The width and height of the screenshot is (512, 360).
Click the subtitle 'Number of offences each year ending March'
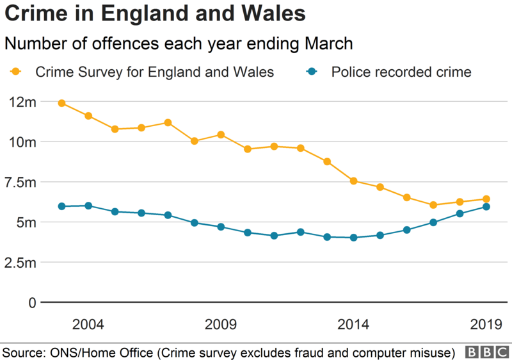(179, 44)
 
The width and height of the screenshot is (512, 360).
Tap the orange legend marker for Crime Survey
(16, 72)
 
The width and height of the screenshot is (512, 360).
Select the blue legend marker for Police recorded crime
(312, 72)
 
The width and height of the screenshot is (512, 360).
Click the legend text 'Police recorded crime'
(401, 72)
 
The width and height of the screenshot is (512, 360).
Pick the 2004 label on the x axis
(88, 325)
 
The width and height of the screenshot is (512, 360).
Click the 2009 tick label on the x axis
(221, 325)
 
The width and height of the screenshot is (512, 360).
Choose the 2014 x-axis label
(353, 325)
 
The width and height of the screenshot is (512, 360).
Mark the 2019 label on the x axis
(486, 325)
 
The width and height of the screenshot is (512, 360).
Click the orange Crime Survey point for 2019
(486, 199)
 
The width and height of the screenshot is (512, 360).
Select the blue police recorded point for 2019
(486, 207)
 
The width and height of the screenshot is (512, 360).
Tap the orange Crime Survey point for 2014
(353, 181)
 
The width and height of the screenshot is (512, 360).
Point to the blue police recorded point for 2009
(221, 227)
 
